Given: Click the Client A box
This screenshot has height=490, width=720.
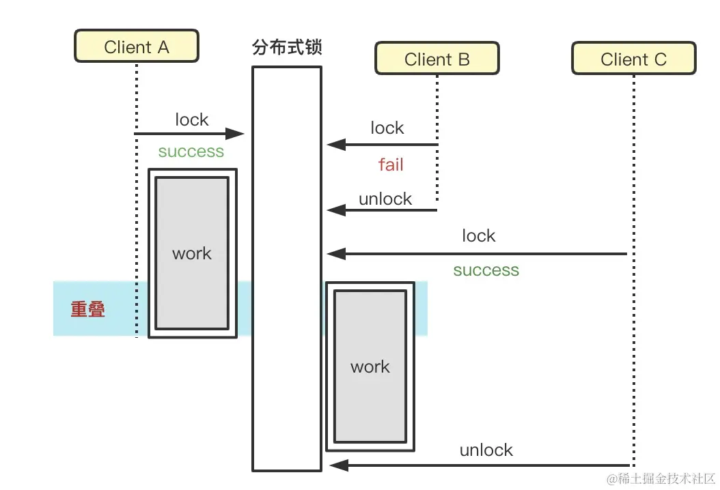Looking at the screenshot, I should click(x=136, y=47).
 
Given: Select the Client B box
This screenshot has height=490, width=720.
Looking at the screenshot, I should click(x=437, y=59).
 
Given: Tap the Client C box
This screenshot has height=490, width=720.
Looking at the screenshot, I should click(x=633, y=59).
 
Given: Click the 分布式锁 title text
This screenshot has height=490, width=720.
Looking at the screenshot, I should click(x=287, y=48).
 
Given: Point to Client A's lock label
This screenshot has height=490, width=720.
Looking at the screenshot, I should click(x=191, y=120).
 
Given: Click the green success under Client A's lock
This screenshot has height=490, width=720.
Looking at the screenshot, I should click(x=191, y=152).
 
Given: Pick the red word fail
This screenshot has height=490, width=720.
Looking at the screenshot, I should click(x=391, y=164).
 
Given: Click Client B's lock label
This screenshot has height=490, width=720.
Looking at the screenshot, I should click(x=387, y=128).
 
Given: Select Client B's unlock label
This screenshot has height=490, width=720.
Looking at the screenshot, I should click(x=385, y=199).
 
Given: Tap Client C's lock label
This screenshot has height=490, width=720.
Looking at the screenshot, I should click(x=478, y=236).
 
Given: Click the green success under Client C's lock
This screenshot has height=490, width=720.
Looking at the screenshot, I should click(x=486, y=270).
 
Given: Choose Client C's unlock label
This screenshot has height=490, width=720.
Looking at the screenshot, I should click(x=486, y=450).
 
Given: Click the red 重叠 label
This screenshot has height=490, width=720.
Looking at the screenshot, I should click(x=88, y=309).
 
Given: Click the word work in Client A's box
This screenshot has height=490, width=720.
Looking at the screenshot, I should click(x=192, y=254).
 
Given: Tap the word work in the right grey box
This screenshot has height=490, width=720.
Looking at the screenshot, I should click(x=370, y=367).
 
